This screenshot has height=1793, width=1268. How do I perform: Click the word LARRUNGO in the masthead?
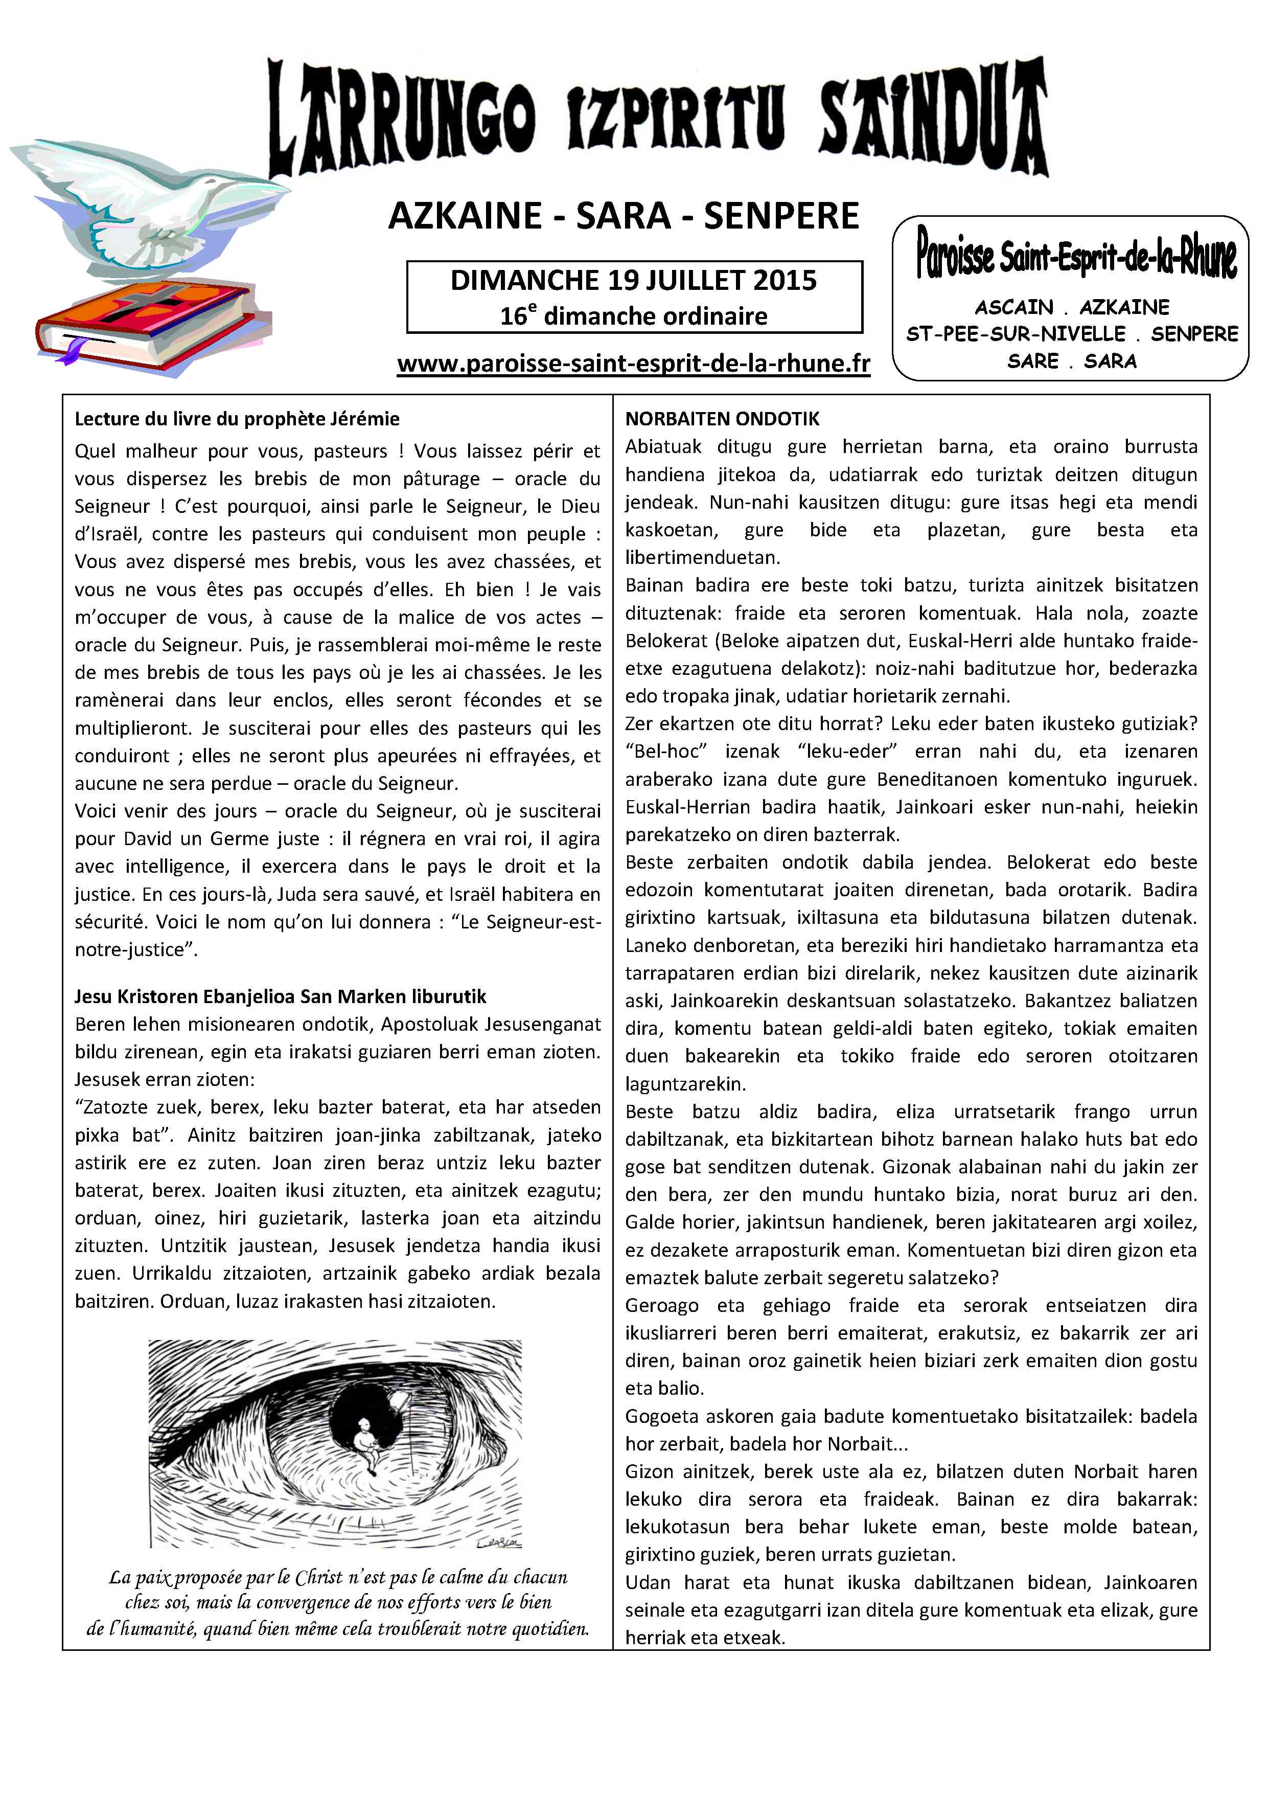click(402, 117)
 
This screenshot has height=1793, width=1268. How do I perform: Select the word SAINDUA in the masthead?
click(933, 117)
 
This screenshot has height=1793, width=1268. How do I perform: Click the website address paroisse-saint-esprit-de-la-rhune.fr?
click(633, 364)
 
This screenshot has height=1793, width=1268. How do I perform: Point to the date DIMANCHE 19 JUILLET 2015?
click(633, 280)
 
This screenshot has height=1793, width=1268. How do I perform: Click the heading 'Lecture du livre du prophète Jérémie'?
click(237, 419)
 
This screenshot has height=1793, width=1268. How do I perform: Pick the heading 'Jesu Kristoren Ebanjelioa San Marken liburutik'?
click(280, 996)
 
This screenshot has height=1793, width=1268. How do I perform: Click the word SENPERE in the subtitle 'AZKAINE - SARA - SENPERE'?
click(781, 216)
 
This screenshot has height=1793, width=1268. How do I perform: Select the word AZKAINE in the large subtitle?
click(466, 216)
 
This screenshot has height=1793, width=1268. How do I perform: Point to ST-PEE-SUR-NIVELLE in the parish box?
click(1015, 334)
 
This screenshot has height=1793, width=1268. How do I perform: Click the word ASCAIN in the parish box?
click(1014, 307)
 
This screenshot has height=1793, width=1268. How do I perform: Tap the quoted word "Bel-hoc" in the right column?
click(666, 751)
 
